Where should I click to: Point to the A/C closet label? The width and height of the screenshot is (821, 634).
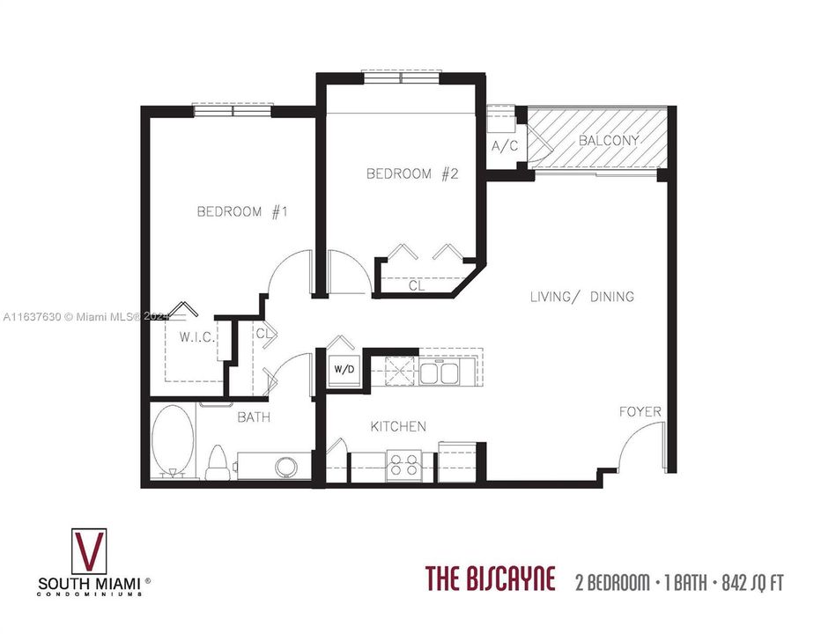point(505,145)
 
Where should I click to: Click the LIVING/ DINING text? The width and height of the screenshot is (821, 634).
point(581,297)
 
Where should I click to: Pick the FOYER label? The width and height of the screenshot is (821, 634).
point(640,411)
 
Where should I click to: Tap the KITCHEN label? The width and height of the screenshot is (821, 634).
point(398,426)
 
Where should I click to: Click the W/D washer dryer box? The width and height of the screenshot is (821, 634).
point(344,368)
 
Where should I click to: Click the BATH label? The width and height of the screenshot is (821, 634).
point(253,417)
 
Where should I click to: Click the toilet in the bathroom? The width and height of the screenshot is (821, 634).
point(217,461)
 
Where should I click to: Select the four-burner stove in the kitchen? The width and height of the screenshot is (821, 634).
point(404,464)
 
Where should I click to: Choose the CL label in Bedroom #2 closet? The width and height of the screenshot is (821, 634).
point(416,285)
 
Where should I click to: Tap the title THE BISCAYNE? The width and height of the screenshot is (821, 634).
point(491,580)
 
